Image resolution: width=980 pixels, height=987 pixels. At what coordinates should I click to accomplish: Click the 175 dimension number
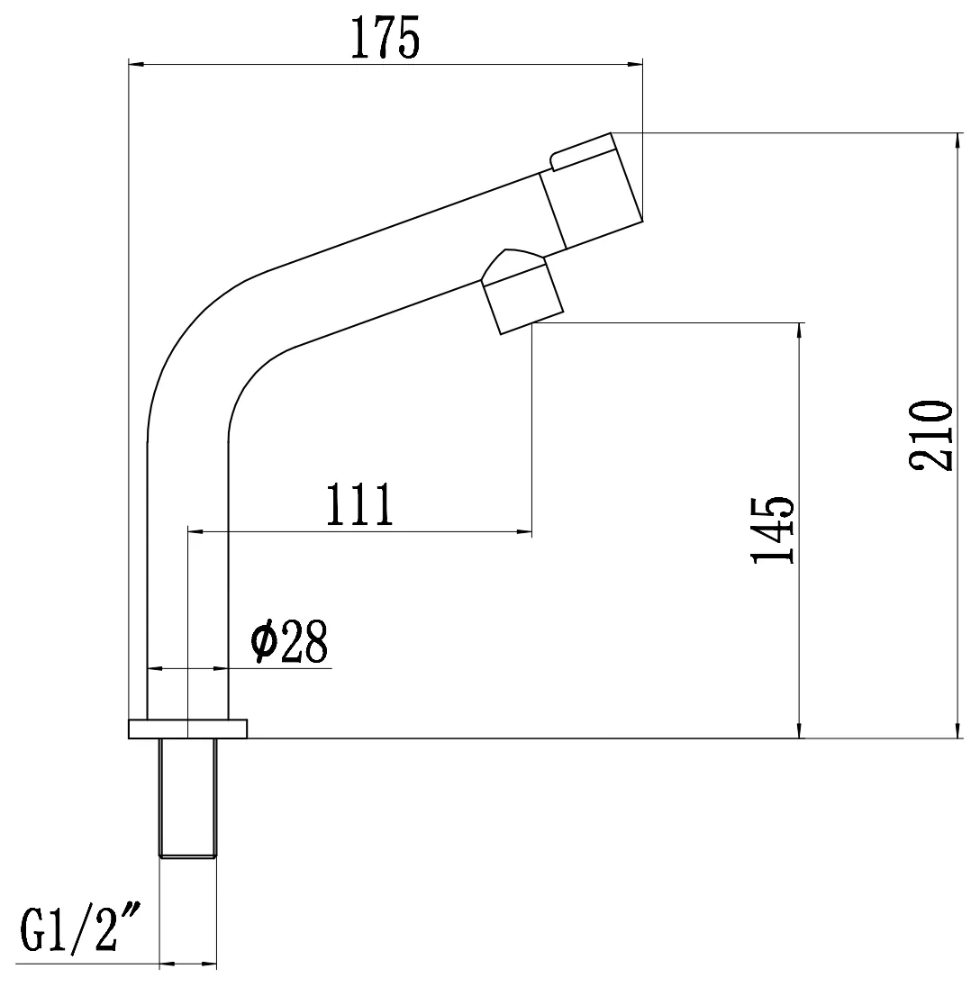385,39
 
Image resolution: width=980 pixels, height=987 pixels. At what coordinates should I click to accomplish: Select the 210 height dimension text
930,435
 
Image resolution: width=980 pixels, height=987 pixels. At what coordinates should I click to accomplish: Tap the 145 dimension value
774,530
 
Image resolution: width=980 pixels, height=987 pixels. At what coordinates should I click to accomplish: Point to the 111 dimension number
359,504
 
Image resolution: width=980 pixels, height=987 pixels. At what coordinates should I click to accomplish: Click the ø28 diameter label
289,641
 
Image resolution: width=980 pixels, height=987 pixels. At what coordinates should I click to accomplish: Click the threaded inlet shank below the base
187,798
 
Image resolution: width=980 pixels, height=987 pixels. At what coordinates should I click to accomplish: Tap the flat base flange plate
187,729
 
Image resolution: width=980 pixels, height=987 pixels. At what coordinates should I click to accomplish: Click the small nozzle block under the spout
522,299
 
